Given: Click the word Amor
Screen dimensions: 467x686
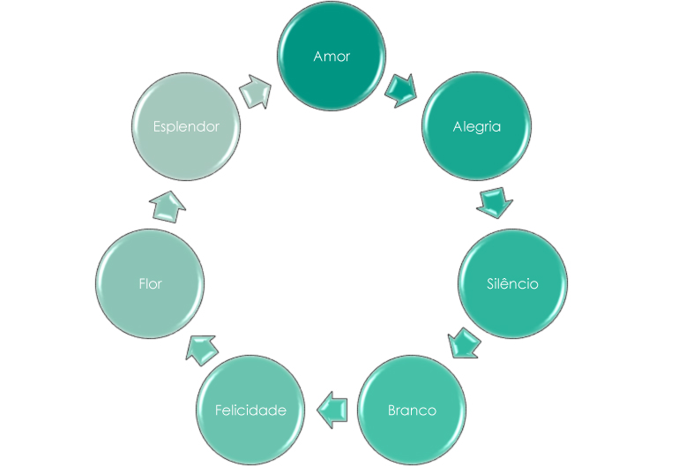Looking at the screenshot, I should [x=332, y=56].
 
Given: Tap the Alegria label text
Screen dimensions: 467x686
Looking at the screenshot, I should [x=476, y=126].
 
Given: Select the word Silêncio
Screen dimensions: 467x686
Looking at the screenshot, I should [x=512, y=284].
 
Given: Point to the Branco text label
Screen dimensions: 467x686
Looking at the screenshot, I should [x=412, y=411].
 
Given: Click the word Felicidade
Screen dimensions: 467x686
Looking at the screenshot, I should [x=251, y=411].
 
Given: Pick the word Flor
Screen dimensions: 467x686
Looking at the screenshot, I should [x=150, y=284].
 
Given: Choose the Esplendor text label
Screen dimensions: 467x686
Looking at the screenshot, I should [x=185, y=126].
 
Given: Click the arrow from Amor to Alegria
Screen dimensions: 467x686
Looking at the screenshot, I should [x=402, y=89].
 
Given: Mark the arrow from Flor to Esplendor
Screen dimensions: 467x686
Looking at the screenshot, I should [x=167, y=207].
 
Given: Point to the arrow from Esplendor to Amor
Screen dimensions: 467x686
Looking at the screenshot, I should [x=257, y=91].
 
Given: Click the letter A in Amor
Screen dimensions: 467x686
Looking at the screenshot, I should [x=318, y=56].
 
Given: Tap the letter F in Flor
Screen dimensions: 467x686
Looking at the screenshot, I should [x=141, y=284].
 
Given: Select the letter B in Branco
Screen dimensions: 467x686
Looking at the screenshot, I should [x=392, y=411].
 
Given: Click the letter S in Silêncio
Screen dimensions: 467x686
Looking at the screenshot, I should [x=490, y=284].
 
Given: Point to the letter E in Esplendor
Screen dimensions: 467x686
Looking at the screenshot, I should [x=156, y=126].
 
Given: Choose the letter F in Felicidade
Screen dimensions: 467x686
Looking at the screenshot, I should [x=220, y=411].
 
